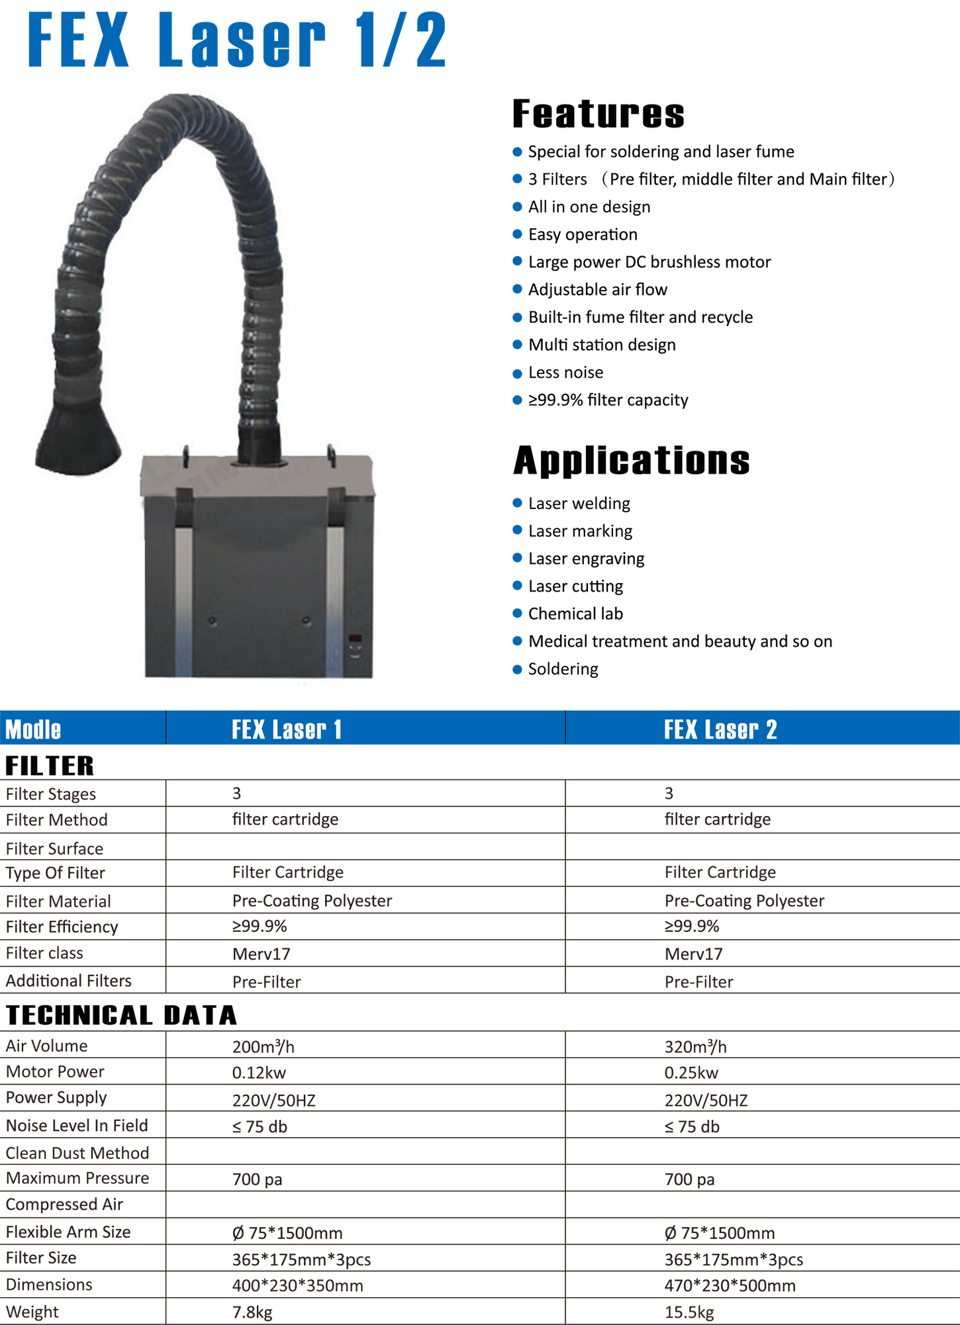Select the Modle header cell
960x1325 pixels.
pos(33,729)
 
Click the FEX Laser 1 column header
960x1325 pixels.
pos(287,729)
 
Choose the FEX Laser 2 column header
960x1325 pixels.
pos(720,729)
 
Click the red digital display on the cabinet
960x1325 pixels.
pos(356,640)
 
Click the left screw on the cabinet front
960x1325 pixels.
pos(213,621)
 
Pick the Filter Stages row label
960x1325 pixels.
pos(50,794)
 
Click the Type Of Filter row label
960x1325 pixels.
pos(56,873)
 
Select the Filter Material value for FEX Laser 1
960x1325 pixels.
pos(312,900)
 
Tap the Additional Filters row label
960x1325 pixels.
pos(69,981)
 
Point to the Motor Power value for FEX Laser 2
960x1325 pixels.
pos(691,1072)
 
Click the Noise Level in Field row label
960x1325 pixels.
pos(77,1126)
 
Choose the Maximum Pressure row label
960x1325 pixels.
pos(77,1179)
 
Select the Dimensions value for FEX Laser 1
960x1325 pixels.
pos(298,1285)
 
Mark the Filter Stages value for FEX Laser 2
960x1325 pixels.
pos(669,793)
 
